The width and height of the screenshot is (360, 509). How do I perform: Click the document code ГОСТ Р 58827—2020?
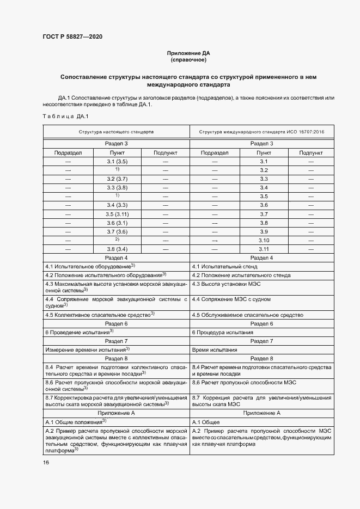pos(72,37)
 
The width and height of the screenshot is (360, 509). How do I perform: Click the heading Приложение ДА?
pos(188,53)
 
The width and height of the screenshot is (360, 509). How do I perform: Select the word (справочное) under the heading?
pos(188,60)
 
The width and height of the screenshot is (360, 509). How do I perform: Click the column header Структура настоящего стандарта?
pos(115,132)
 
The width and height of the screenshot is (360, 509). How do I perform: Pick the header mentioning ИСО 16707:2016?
pos(261,132)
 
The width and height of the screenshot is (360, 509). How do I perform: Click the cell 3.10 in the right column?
pos(264,240)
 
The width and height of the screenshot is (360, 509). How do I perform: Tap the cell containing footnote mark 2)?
pos(117,240)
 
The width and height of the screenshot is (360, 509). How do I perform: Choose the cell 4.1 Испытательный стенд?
pos(224,267)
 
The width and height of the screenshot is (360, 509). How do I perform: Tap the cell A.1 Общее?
pos(206,422)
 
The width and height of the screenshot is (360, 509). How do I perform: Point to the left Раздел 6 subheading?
pos(116,323)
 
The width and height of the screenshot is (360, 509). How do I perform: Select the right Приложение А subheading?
pos(261,413)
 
